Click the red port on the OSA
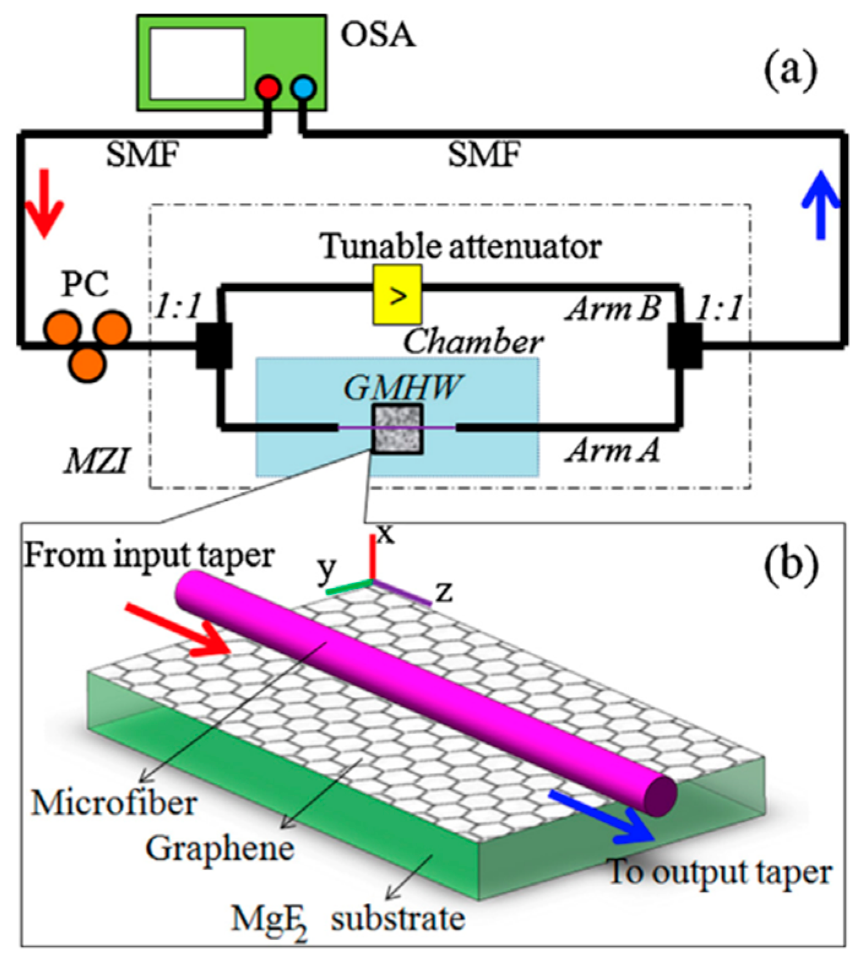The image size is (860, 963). [268, 88]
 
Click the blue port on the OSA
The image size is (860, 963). [303, 88]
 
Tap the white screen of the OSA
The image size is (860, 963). [197, 63]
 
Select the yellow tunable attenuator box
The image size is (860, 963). [397, 295]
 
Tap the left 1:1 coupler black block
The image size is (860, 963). [213, 346]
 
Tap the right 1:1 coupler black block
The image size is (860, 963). [685, 346]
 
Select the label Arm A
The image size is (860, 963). [613, 451]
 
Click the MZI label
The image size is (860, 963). [97, 461]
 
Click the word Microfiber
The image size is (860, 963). [114, 803]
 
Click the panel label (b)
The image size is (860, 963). [790, 564]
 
